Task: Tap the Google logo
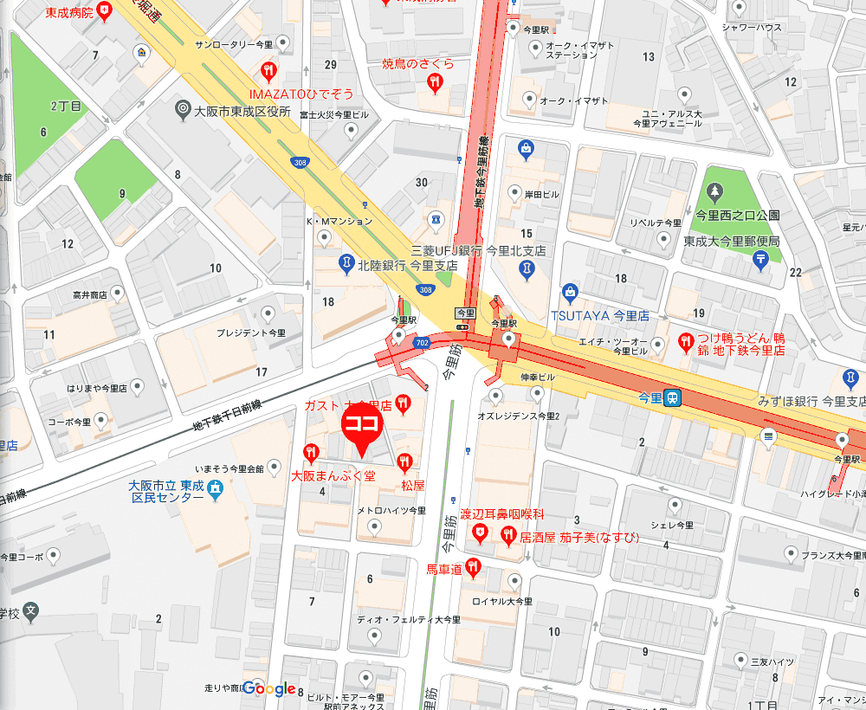pyautogui.click(x=269, y=688)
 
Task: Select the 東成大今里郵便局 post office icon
pyautogui.click(x=759, y=258)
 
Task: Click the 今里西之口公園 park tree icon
pyautogui.click(x=715, y=192)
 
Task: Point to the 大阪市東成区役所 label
pyautogui.click(x=242, y=111)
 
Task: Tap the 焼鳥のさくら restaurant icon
pyautogui.click(x=435, y=81)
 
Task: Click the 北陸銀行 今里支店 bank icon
pyautogui.click(x=346, y=261)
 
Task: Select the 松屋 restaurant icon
pyautogui.click(x=403, y=461)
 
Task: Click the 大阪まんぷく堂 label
pyautogui.click(x=333, y=475)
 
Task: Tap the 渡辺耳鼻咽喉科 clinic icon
pyautogui.click(x=481, y=536)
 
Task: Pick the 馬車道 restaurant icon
pyautogui.click(x=473, y=567)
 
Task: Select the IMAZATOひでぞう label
pyautogui.click(x=301, y=93)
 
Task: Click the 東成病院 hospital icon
pyautogui.click(x=105, y=11)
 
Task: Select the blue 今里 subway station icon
pyautogui.click(x=673, y=398)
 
